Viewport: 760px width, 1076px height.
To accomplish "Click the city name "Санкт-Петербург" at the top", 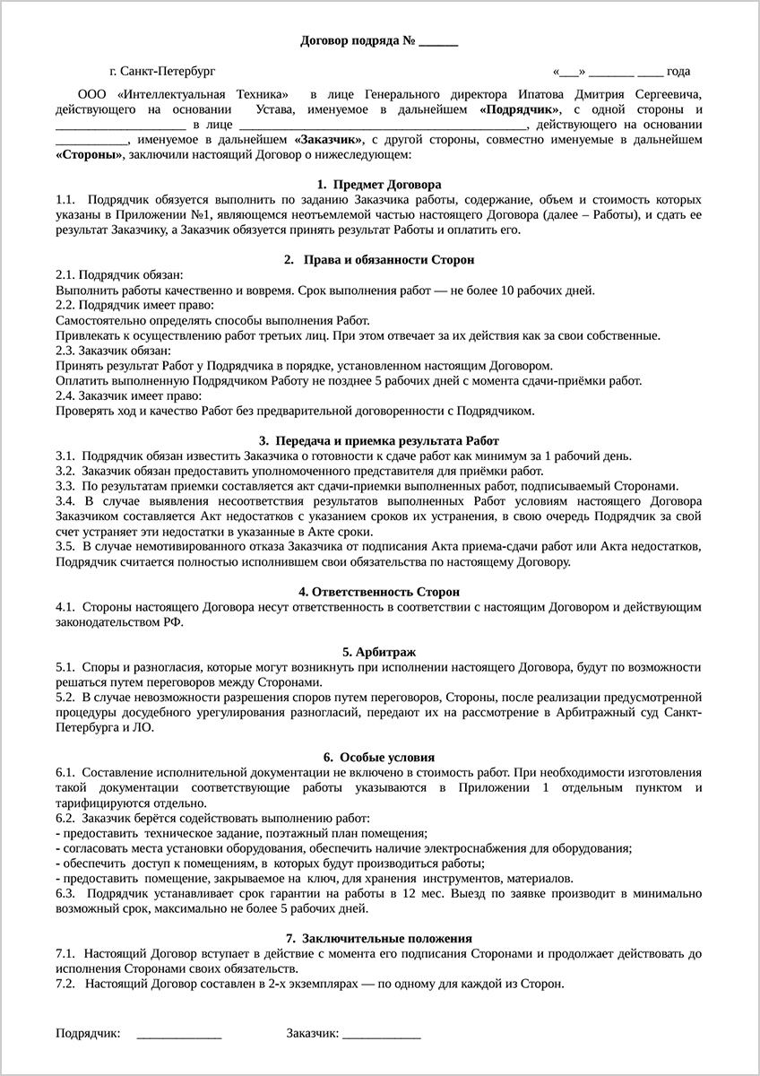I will point(168,71).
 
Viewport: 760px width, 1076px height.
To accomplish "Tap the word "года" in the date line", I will point(678,72).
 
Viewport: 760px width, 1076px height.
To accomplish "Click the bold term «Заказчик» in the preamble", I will point(328,140).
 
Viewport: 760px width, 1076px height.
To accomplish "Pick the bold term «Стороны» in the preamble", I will point(90,155).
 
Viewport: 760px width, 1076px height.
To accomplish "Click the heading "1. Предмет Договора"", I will point(379,184).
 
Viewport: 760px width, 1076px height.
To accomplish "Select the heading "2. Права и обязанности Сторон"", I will point(379,259).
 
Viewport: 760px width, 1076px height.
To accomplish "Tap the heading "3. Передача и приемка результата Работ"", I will point(379,440).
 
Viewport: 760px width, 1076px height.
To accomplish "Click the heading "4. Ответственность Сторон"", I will point(379,592).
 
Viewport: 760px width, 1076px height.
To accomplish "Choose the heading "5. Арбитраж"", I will point(379,652).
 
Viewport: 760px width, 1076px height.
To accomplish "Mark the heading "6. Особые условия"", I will point(379,757).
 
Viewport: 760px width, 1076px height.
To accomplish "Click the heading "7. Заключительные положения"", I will point(379,937).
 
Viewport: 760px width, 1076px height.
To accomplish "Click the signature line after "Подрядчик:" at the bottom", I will point(179,1035).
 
